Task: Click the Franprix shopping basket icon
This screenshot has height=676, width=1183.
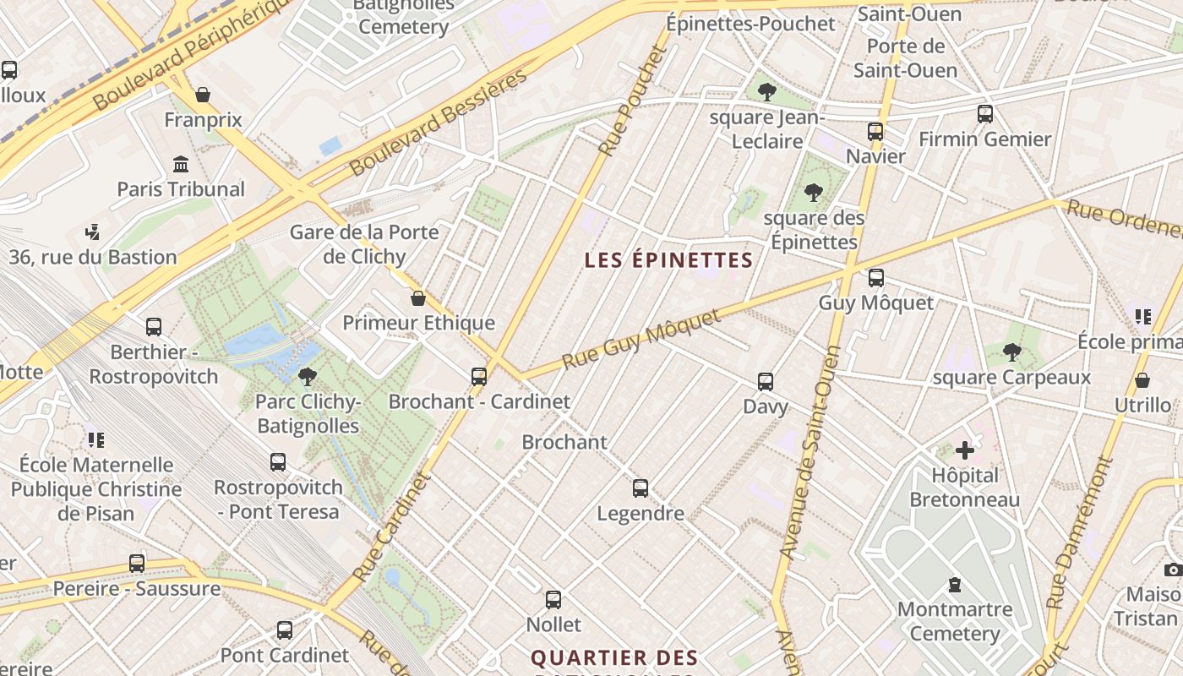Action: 203,94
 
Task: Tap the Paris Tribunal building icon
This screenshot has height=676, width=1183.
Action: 181,164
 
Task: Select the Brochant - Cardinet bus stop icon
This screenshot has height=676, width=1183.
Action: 479,376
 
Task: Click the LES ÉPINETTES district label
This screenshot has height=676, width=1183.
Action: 668,260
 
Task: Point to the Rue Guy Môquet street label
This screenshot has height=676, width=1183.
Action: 642,338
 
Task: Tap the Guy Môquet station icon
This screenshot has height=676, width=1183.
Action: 876,277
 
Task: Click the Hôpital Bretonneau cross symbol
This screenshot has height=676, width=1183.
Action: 964,450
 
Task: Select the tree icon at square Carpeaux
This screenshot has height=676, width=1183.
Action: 1011,352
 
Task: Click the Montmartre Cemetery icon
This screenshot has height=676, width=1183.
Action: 955,584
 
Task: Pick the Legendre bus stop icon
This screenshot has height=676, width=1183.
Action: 641,488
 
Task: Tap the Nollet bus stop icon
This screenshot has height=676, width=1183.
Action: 553,599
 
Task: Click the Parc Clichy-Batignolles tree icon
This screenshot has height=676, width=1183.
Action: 308,376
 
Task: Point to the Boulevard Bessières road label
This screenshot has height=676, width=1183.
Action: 439,121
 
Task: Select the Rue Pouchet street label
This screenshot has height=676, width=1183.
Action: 633,100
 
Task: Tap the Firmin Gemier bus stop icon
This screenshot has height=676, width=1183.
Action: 984,113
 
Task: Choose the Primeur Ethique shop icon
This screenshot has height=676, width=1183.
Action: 417,298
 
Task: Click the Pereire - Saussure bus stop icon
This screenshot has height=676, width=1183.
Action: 137,563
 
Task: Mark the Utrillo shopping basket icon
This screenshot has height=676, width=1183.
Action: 1142,380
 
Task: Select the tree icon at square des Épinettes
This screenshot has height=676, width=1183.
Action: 814,193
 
